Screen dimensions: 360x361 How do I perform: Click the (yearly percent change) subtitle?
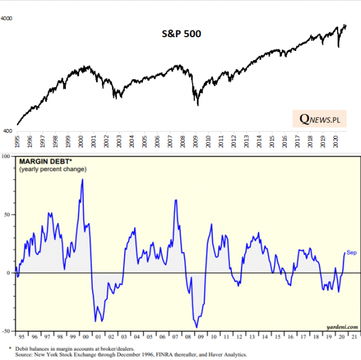53,170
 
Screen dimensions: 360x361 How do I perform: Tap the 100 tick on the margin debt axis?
7,157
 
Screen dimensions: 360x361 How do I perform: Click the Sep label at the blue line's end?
351,253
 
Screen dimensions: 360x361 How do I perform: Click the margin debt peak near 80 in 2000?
82,179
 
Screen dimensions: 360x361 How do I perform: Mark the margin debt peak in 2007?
176,200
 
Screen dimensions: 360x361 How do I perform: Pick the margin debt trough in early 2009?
196,327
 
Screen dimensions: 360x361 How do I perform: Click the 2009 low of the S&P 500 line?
198,106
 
